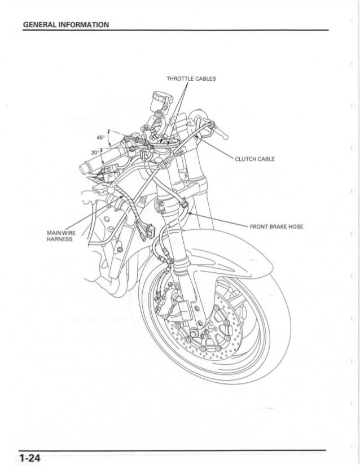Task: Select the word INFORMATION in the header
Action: [x=85, y=24]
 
